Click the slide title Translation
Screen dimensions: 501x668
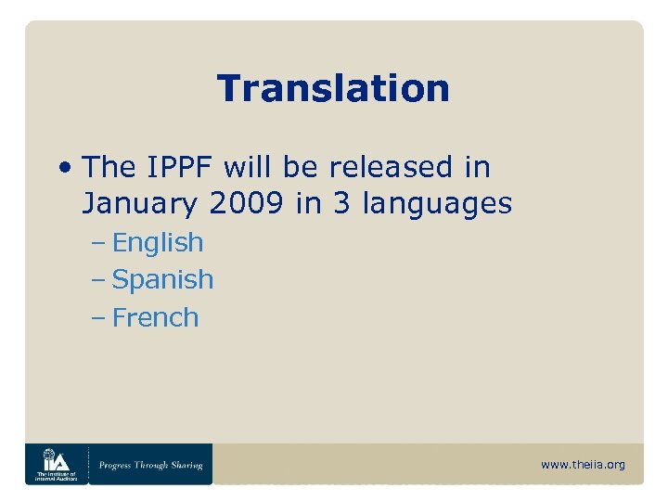coord(333,89)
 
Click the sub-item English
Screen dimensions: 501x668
coord(157,243)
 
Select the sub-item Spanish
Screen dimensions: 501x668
coord(162,280)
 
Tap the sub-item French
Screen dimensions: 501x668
coord(155,317)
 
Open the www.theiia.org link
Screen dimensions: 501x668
coord(583,465)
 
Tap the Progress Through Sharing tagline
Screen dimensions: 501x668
coord(151,465)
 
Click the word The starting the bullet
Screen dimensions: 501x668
coord(109,168)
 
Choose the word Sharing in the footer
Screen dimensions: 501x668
coord(186,465)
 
